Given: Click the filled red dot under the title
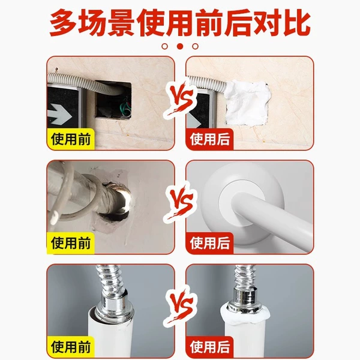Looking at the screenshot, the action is pos(180,46).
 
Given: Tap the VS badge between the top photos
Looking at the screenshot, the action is pos(181,99).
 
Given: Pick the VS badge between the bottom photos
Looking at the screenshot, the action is pos(181,306).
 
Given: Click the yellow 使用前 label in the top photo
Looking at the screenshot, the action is pos(71,139).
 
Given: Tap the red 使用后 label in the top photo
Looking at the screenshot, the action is pos(209,139).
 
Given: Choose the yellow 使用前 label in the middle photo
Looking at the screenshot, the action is pos(71,243).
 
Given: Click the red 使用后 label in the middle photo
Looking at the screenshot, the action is pos(209,243).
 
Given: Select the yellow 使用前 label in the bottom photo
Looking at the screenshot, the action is pos(71,347).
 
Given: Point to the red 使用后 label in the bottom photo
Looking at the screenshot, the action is pos(209,347).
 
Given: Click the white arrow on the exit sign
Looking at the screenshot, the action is pos(59,114).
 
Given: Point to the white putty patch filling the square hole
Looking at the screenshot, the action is pos(248,103).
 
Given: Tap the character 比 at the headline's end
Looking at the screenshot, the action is pos(297,22).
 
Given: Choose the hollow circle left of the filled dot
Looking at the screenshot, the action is pos(164,46).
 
